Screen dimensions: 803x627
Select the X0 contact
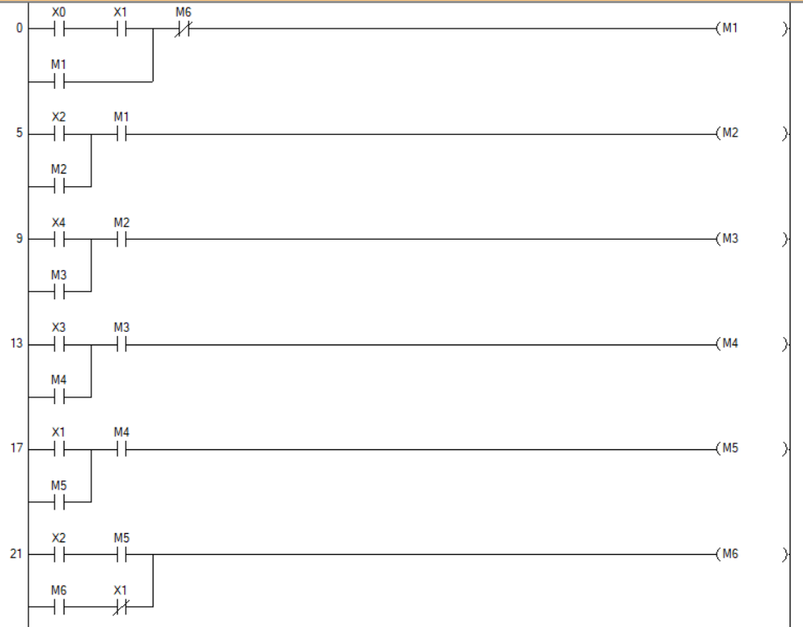59,29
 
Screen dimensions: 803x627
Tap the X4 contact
59,239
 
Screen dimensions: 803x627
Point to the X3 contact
59,345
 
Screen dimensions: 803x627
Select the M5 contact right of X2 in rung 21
121,555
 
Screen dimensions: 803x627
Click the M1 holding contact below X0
59,82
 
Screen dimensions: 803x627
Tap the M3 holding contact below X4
59,292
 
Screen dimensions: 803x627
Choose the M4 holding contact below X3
59,396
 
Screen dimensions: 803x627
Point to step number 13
16,345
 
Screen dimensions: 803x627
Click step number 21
16,555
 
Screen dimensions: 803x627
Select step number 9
19,239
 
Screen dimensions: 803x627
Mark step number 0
19,29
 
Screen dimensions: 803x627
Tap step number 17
16,449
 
